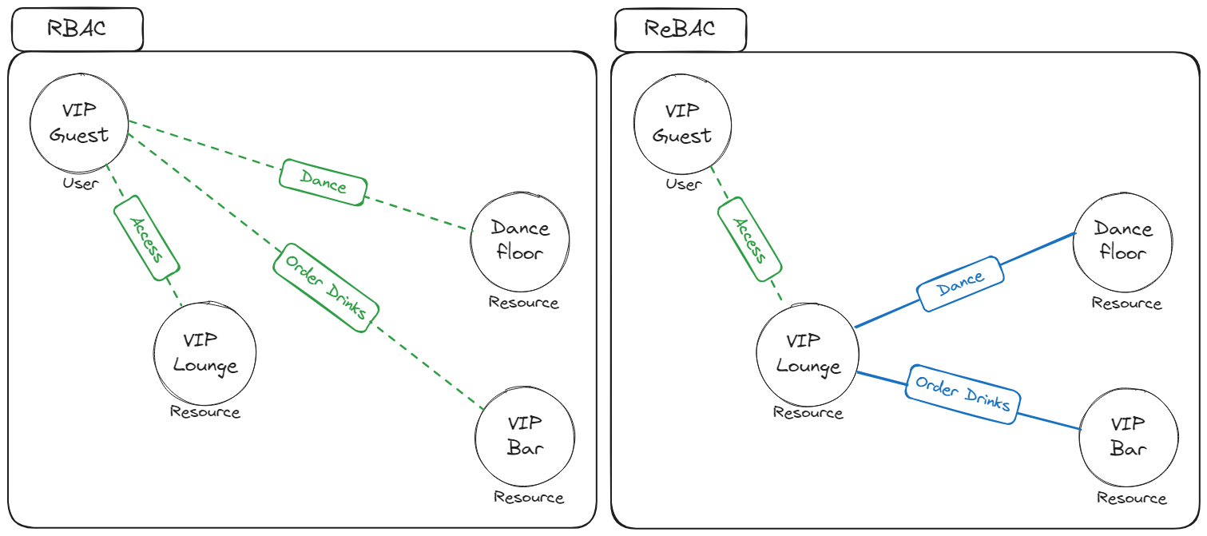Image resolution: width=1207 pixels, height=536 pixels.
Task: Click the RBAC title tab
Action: click(77, 30)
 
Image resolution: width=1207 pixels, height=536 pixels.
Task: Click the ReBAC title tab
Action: click(681, 30)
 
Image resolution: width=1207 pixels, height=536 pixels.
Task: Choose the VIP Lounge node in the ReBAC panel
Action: click(808, 354)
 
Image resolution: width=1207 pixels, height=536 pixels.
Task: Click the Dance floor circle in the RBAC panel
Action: click(520, 240)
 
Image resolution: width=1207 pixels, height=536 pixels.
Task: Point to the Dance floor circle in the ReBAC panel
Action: click(1123, 241)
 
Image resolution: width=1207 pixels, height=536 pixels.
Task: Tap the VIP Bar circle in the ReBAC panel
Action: click(1128, 435)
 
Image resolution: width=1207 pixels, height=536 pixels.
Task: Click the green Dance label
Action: click(324, 182)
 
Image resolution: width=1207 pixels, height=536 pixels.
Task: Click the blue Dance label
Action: click(960, 284)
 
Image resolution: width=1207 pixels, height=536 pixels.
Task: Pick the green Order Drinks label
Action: click(325, 288)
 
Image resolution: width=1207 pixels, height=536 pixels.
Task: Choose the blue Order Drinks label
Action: click(963, 395)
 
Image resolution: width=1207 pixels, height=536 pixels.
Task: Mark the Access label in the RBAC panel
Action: click(145, 240)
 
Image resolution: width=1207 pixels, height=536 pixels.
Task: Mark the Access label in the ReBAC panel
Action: click(749, 240)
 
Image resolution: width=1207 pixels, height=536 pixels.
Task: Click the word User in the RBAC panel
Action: click(80, 184)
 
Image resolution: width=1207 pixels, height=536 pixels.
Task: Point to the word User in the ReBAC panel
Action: click(683, 185)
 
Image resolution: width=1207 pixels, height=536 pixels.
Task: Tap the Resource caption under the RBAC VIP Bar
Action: click(529, 498)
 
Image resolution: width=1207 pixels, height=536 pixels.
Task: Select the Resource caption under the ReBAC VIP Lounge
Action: click(808, 413)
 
